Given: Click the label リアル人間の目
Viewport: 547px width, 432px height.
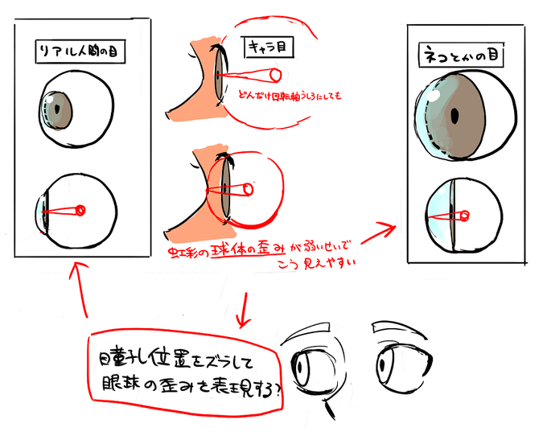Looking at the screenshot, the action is tap(83, 52).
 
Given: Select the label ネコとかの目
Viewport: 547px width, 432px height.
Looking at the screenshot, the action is tap(460, 58).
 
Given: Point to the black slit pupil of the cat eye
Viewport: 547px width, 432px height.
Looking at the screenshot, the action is tap(455, 117).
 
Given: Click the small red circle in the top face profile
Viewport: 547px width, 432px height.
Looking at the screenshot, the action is tap(275, 76).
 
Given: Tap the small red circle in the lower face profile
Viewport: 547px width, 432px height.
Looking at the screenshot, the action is tap(248, 190).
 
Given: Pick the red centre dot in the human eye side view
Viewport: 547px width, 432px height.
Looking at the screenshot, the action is tap(80, 211).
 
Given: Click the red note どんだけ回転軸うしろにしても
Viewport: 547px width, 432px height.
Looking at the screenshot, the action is tap(290, 97).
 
